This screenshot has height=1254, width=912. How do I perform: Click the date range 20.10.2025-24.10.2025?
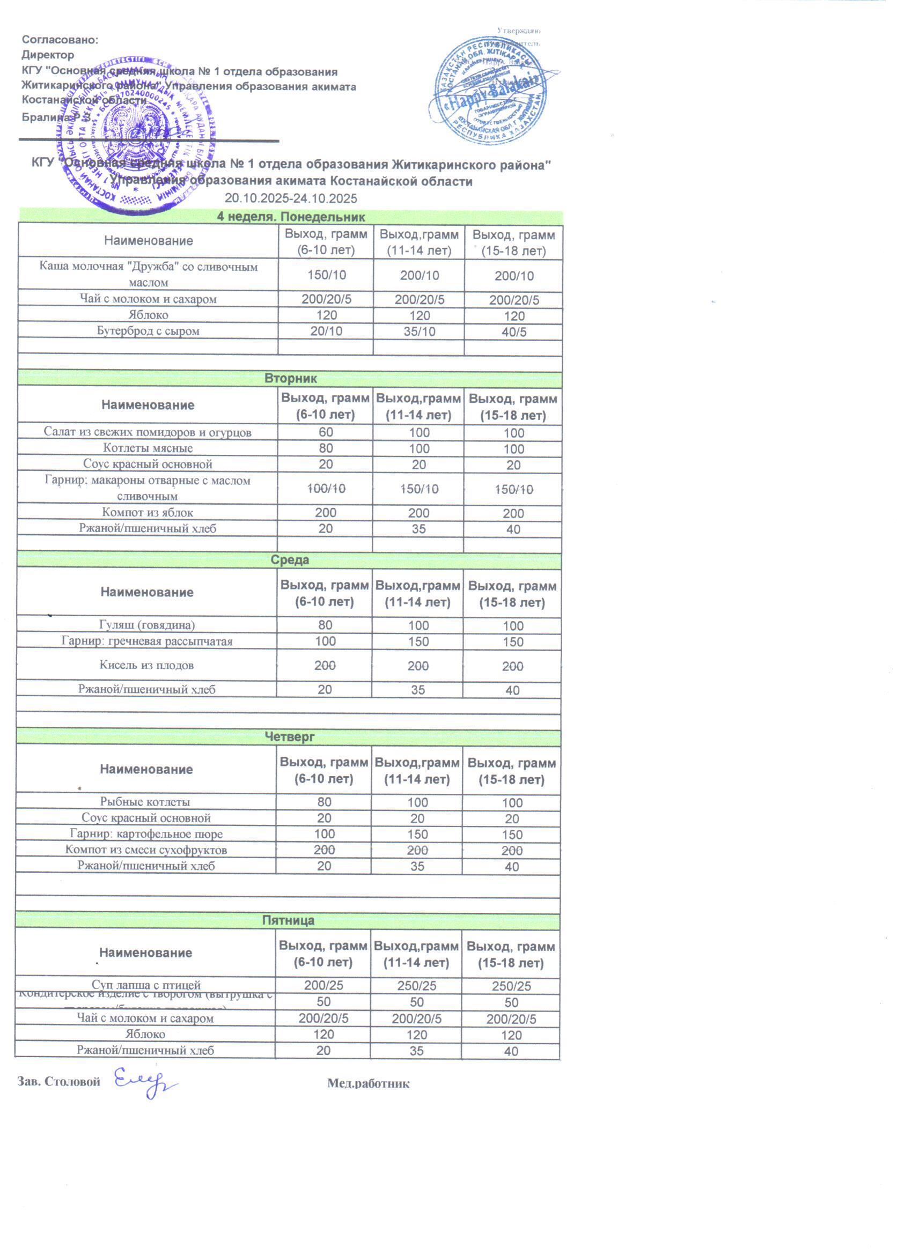(290, 198)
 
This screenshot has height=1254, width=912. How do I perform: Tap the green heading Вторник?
(290, 379)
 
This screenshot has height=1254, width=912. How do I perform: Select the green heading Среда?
(290, 560)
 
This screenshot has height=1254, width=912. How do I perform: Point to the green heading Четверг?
(289, 736)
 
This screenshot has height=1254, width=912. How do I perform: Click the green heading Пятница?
(288, 920)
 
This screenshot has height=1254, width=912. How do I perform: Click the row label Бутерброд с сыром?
(148, 331)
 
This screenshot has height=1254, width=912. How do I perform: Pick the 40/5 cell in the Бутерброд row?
(514, 333)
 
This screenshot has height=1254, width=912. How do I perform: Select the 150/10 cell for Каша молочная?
(326, 275)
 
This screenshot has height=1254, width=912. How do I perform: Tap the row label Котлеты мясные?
(148, 448)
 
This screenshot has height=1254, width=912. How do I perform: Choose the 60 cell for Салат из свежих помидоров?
(326, 432)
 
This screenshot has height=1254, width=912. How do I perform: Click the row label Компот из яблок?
(148, 513)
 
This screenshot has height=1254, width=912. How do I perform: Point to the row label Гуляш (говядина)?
(146, 625)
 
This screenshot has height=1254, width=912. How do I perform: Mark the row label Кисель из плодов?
(146, 665)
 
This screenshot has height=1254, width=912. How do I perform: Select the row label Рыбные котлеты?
(145, 802)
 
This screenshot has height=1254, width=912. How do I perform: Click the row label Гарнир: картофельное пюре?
(146, 834)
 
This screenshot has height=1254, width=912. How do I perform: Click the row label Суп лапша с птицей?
(146, 985)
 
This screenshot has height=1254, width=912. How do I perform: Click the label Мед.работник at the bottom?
(368, 1083)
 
